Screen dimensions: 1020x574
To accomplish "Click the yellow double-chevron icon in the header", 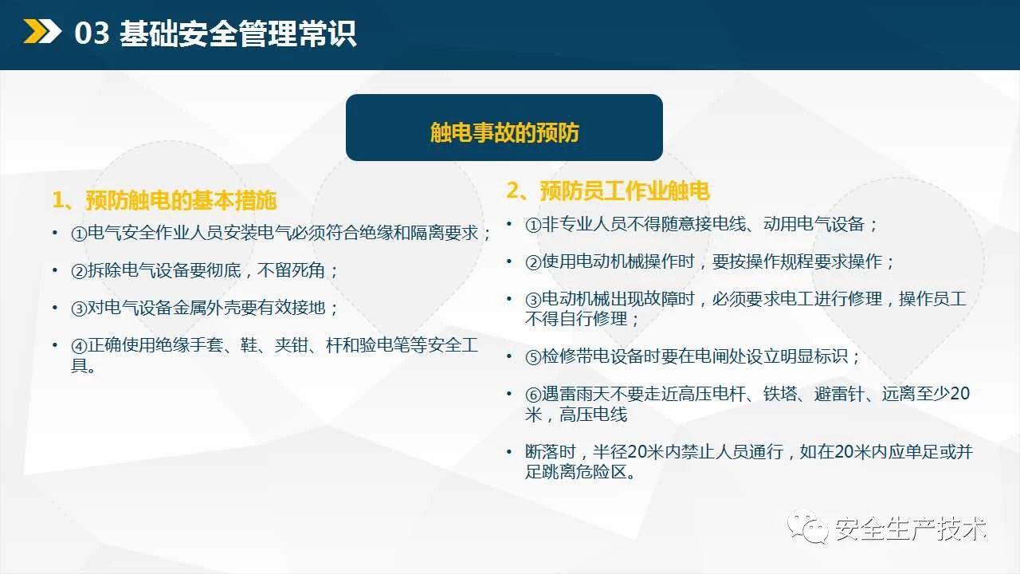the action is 42,31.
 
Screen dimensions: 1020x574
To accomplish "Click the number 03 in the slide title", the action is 92,33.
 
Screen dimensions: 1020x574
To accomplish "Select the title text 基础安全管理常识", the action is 237,33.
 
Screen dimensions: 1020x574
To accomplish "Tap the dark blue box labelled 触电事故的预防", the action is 504,128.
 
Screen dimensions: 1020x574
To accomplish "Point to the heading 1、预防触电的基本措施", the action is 164,200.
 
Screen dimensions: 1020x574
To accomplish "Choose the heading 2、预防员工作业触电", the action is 608,191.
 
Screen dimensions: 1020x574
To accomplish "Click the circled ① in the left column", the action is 79,234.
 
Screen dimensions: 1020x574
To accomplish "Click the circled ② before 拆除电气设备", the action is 79,271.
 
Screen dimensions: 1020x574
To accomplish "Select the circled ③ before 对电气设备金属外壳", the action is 79,309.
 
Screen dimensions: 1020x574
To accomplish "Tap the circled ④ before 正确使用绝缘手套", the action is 79,346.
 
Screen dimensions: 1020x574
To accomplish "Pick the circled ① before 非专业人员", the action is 533,225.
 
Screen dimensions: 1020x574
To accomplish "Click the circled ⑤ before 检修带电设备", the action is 533,356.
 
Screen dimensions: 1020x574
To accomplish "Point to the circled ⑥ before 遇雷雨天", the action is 533,395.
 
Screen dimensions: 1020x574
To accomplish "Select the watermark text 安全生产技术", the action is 911,529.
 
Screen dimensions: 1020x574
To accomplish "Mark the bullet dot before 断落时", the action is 509,451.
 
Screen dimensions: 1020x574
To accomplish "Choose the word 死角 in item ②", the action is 308,270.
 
